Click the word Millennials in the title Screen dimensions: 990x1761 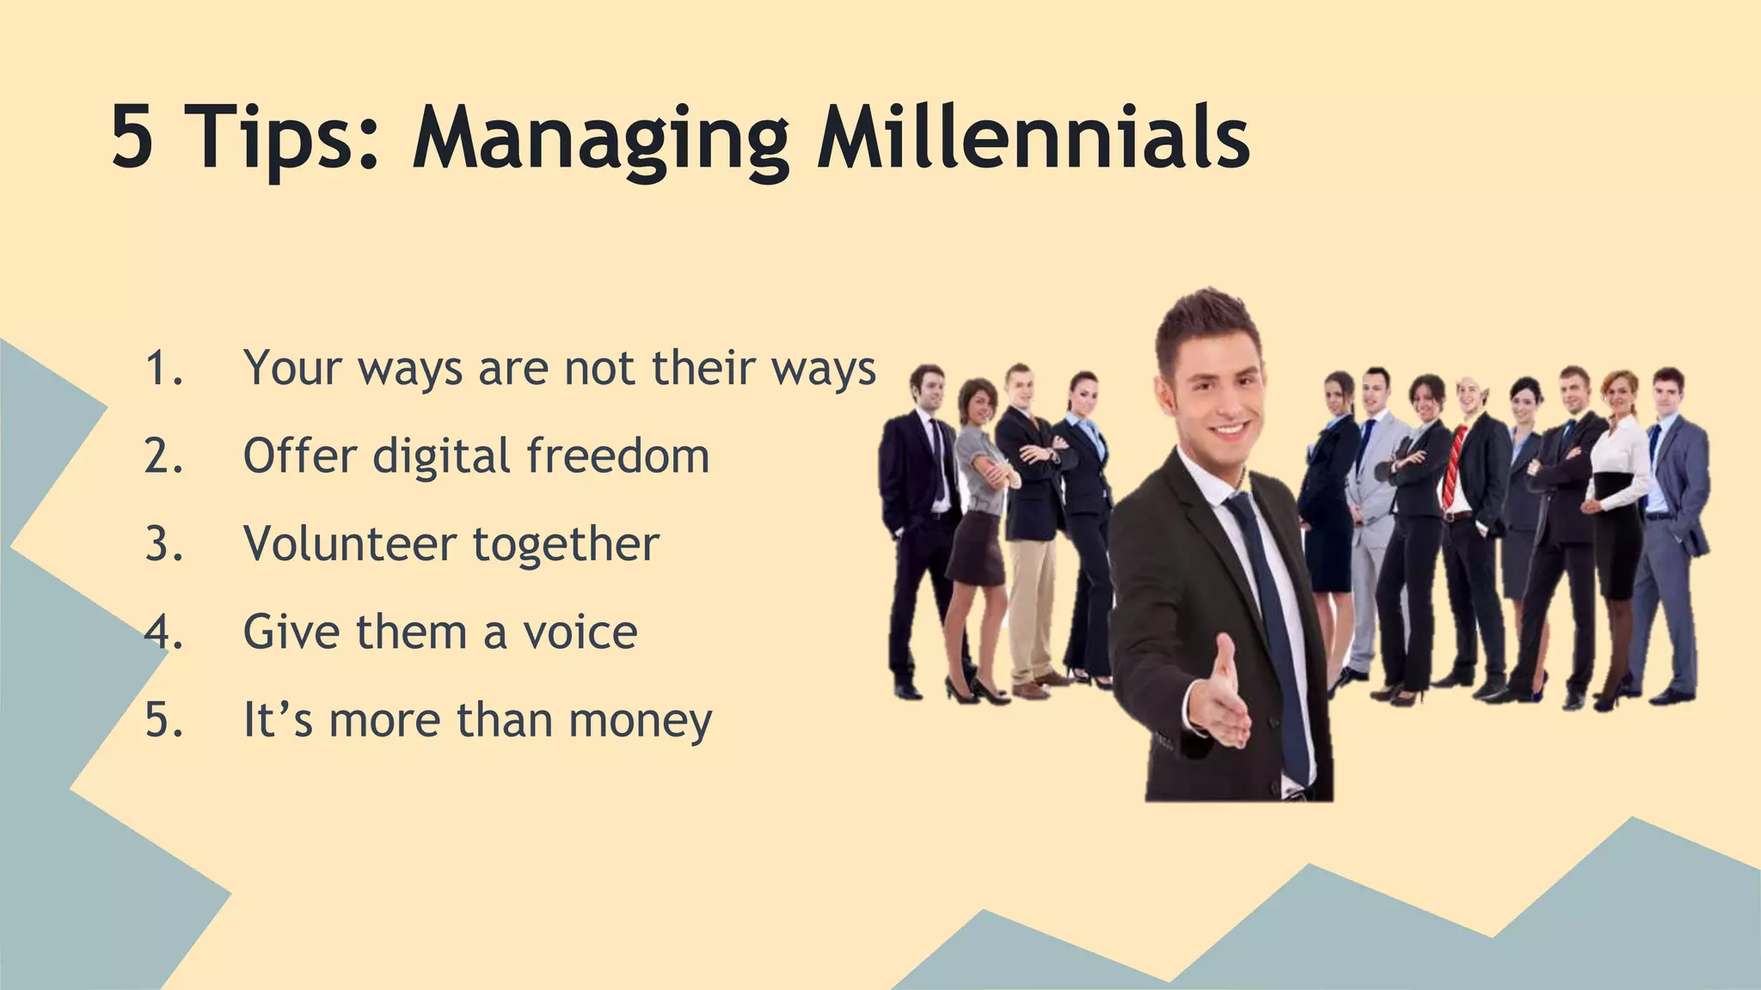pyautogui.click(x=1032, y=137)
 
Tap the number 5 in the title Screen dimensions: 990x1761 pyautogui.click(x=133, y=137)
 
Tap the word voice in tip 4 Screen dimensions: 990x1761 pyautogui.click(x=580, y=632)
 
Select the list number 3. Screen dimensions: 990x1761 pyautogui.click(x=163, y=544)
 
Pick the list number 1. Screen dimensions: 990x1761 pyautogui.click(x=163, y=368)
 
